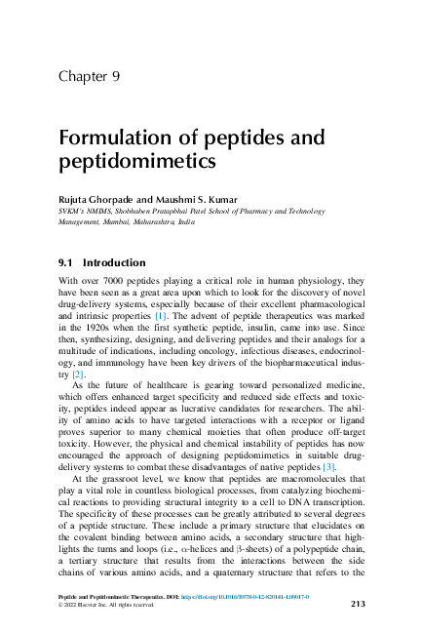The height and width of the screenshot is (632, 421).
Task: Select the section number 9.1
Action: pyautogui.click(x=67, y=262)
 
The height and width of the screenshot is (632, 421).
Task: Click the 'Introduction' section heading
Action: pyautogui.click(x=115, y=262)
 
